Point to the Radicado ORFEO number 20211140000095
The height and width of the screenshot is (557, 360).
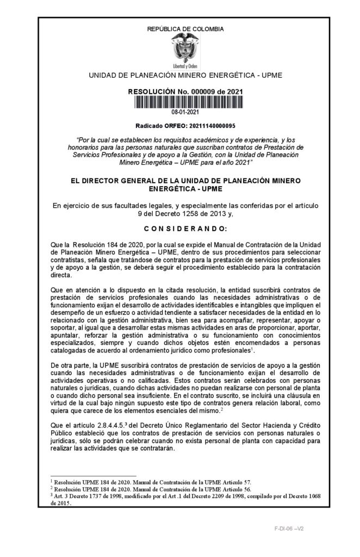tap(201, 125)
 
